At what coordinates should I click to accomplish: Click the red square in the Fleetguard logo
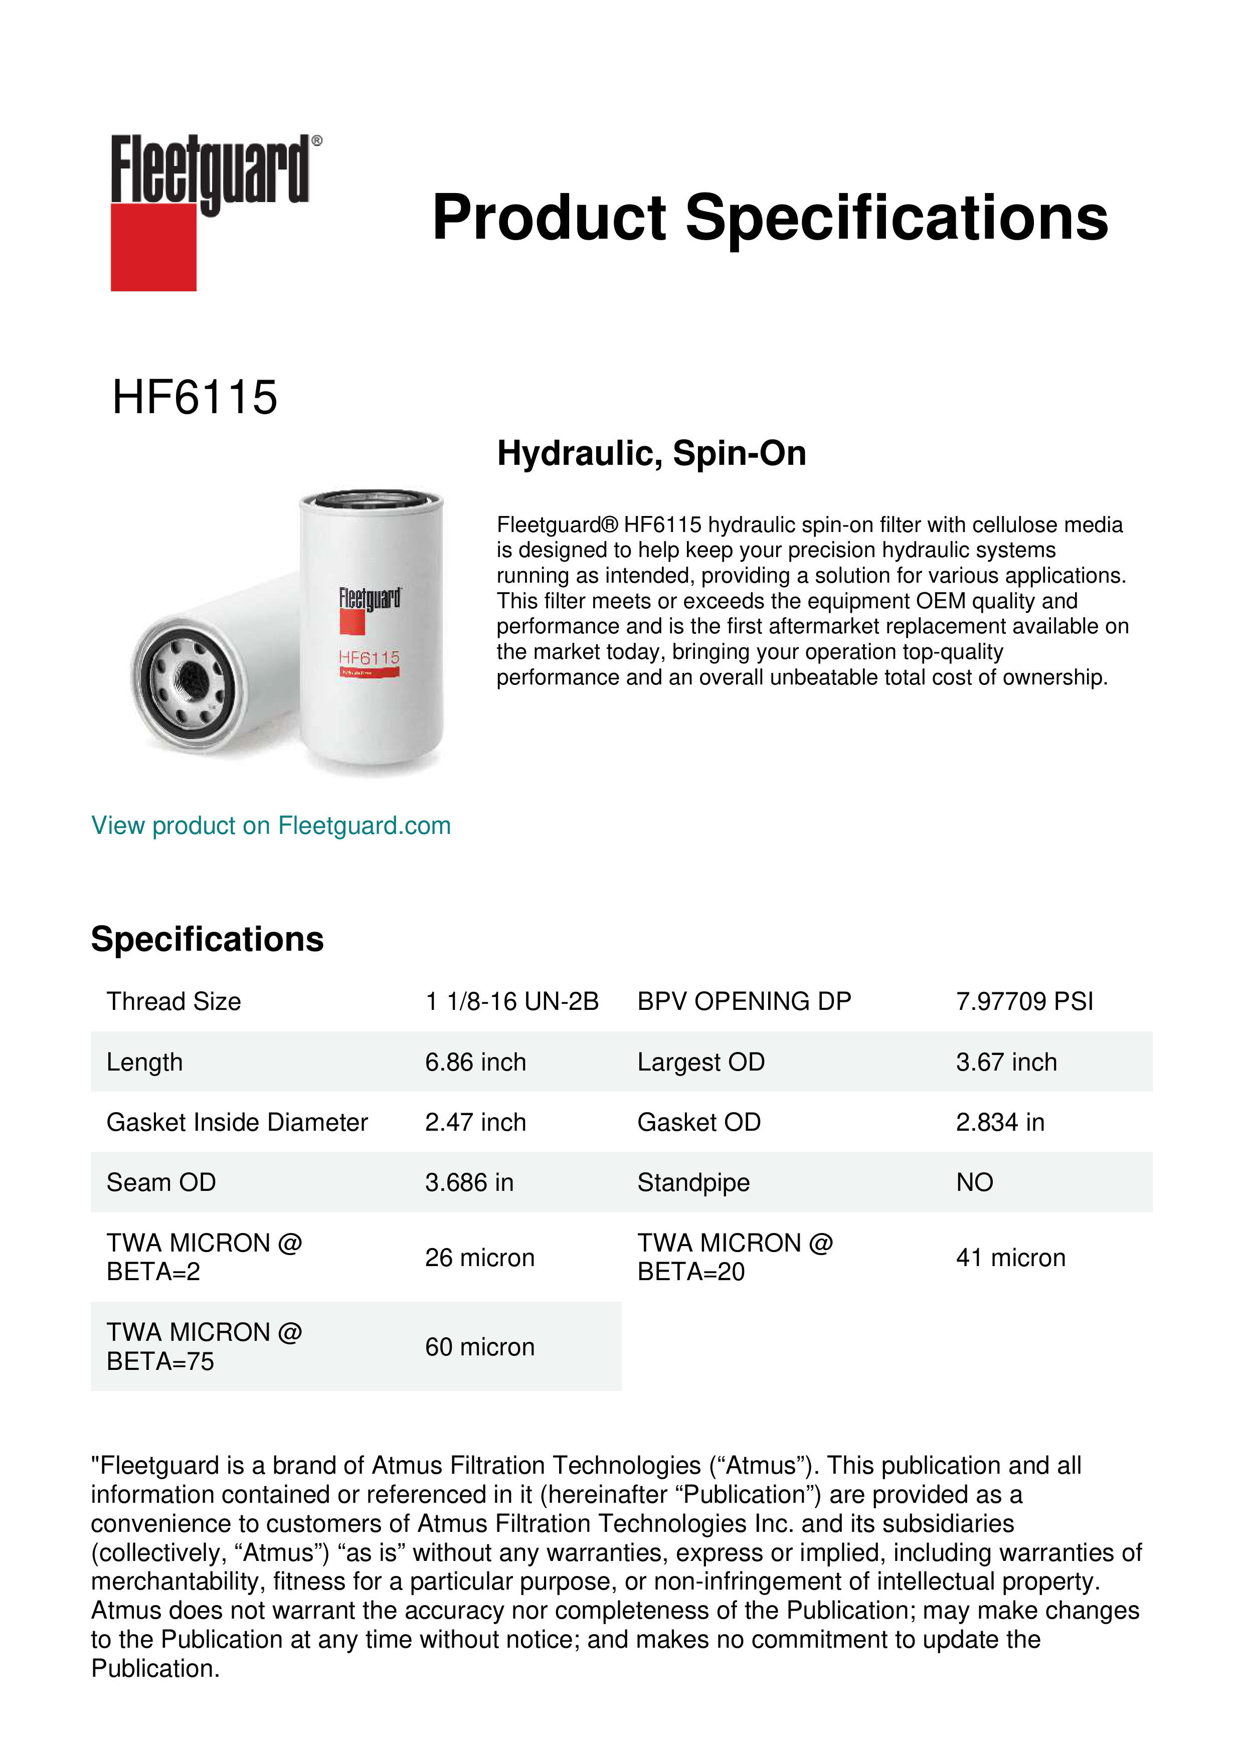pos(153,247)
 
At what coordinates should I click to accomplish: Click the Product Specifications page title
pos(770,218)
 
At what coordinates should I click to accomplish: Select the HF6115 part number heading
pos(195,398)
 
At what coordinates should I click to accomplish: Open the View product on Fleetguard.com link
pos(270,826)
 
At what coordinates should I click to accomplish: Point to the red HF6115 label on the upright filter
pos(369,657)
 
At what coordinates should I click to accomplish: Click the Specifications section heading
pos(207,939)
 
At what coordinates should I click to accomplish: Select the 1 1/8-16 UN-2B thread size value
pos(512,1001)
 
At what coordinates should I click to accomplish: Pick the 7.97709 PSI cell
pos(1024,1001)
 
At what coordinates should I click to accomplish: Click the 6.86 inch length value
pos(475,1062)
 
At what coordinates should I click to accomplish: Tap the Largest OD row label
pos(701,1062)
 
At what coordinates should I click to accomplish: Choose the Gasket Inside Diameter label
pos(237,1122)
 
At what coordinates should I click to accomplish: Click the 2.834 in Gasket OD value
pos(1000,1122)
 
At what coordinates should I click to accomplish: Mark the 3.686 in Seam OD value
pos(469,1183)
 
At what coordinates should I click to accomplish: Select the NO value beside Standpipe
pos(974,1183)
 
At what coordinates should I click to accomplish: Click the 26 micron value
pos(479,1258)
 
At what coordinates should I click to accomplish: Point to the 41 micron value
pos(1010,1258)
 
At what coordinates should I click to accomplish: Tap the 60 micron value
pos(479,1347)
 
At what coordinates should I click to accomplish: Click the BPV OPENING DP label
pos(744,1001)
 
